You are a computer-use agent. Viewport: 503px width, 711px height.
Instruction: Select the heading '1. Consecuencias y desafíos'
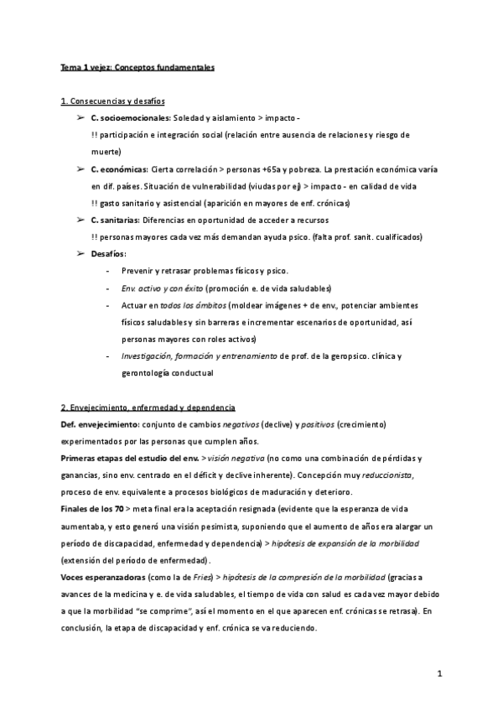[x=113, y=101]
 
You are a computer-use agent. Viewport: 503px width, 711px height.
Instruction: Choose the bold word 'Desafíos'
[x=108, y=254]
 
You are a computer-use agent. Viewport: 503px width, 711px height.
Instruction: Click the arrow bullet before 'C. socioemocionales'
[x=80, y=118]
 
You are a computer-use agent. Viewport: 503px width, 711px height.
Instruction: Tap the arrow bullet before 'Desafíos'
[x=80, y=254]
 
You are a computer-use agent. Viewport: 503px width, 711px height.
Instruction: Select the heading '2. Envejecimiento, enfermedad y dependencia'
[x=148, y=407]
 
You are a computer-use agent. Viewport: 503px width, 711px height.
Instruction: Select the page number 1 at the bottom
[x=439, y=673]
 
